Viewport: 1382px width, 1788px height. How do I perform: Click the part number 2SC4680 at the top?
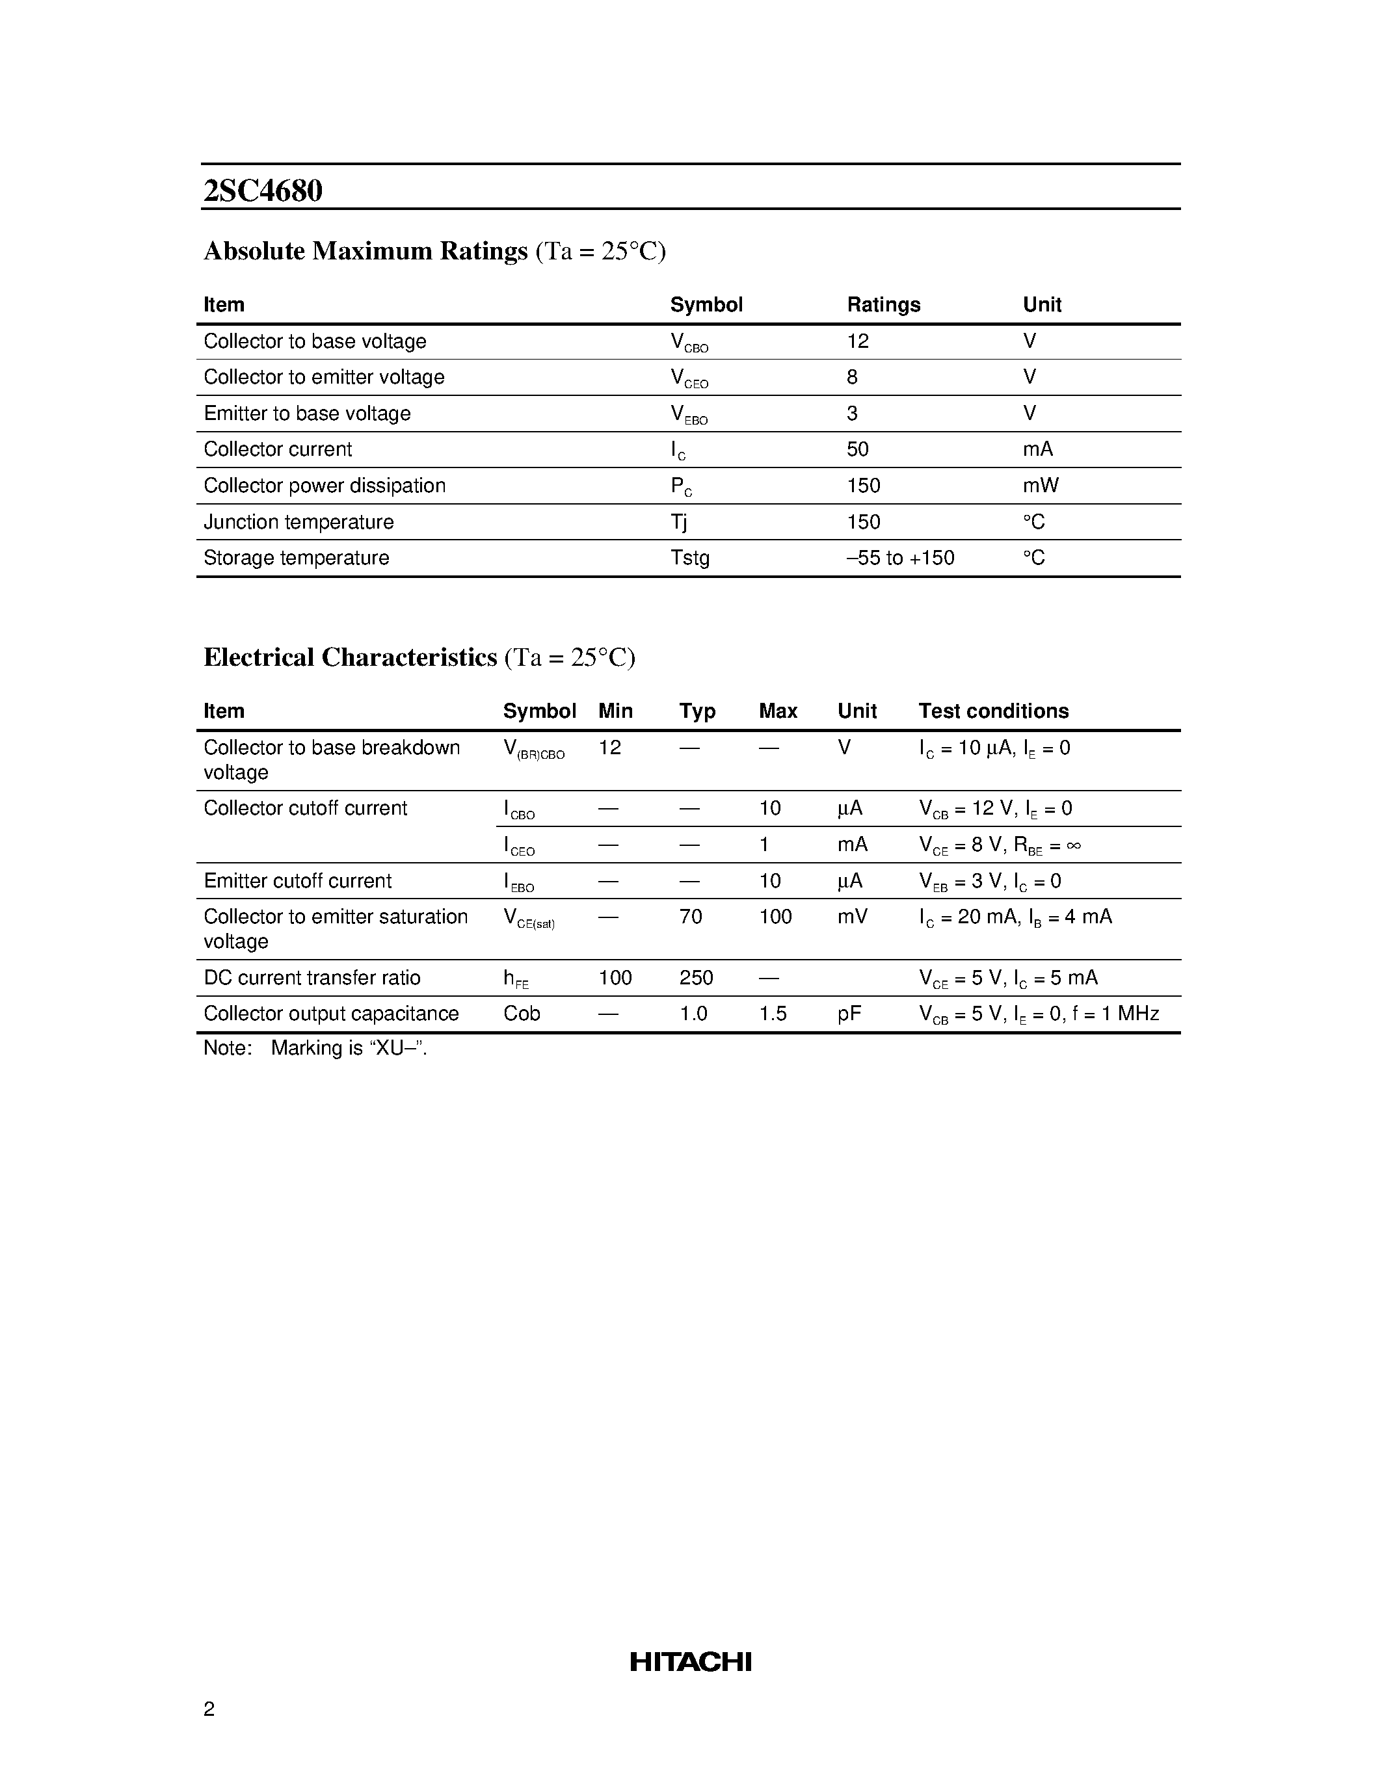point(263,191)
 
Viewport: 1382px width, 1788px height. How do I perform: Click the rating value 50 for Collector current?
point(857,449)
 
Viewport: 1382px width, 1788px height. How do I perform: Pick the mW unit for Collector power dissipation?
point(1040,486)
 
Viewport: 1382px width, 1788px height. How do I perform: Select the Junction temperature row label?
point(298,521)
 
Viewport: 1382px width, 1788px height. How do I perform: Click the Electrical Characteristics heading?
point(351,657)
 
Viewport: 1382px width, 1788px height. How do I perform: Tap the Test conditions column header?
point(993,711)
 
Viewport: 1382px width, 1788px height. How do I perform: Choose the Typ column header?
point(697,711)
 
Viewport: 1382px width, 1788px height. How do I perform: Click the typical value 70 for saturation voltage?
point(690,916)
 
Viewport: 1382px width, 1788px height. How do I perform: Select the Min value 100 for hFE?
point(615,977)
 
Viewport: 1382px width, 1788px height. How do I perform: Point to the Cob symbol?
point(522,1014)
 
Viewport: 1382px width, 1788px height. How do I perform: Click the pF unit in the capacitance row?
point(849,1014)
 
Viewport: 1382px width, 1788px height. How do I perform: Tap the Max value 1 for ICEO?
point(764,844)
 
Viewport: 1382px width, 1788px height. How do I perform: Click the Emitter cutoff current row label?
point(297,880)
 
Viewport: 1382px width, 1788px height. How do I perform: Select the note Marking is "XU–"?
point(315,1048)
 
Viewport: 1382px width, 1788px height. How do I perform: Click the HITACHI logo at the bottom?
point(690,1661)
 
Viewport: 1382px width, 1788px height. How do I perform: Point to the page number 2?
point(209,1708)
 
